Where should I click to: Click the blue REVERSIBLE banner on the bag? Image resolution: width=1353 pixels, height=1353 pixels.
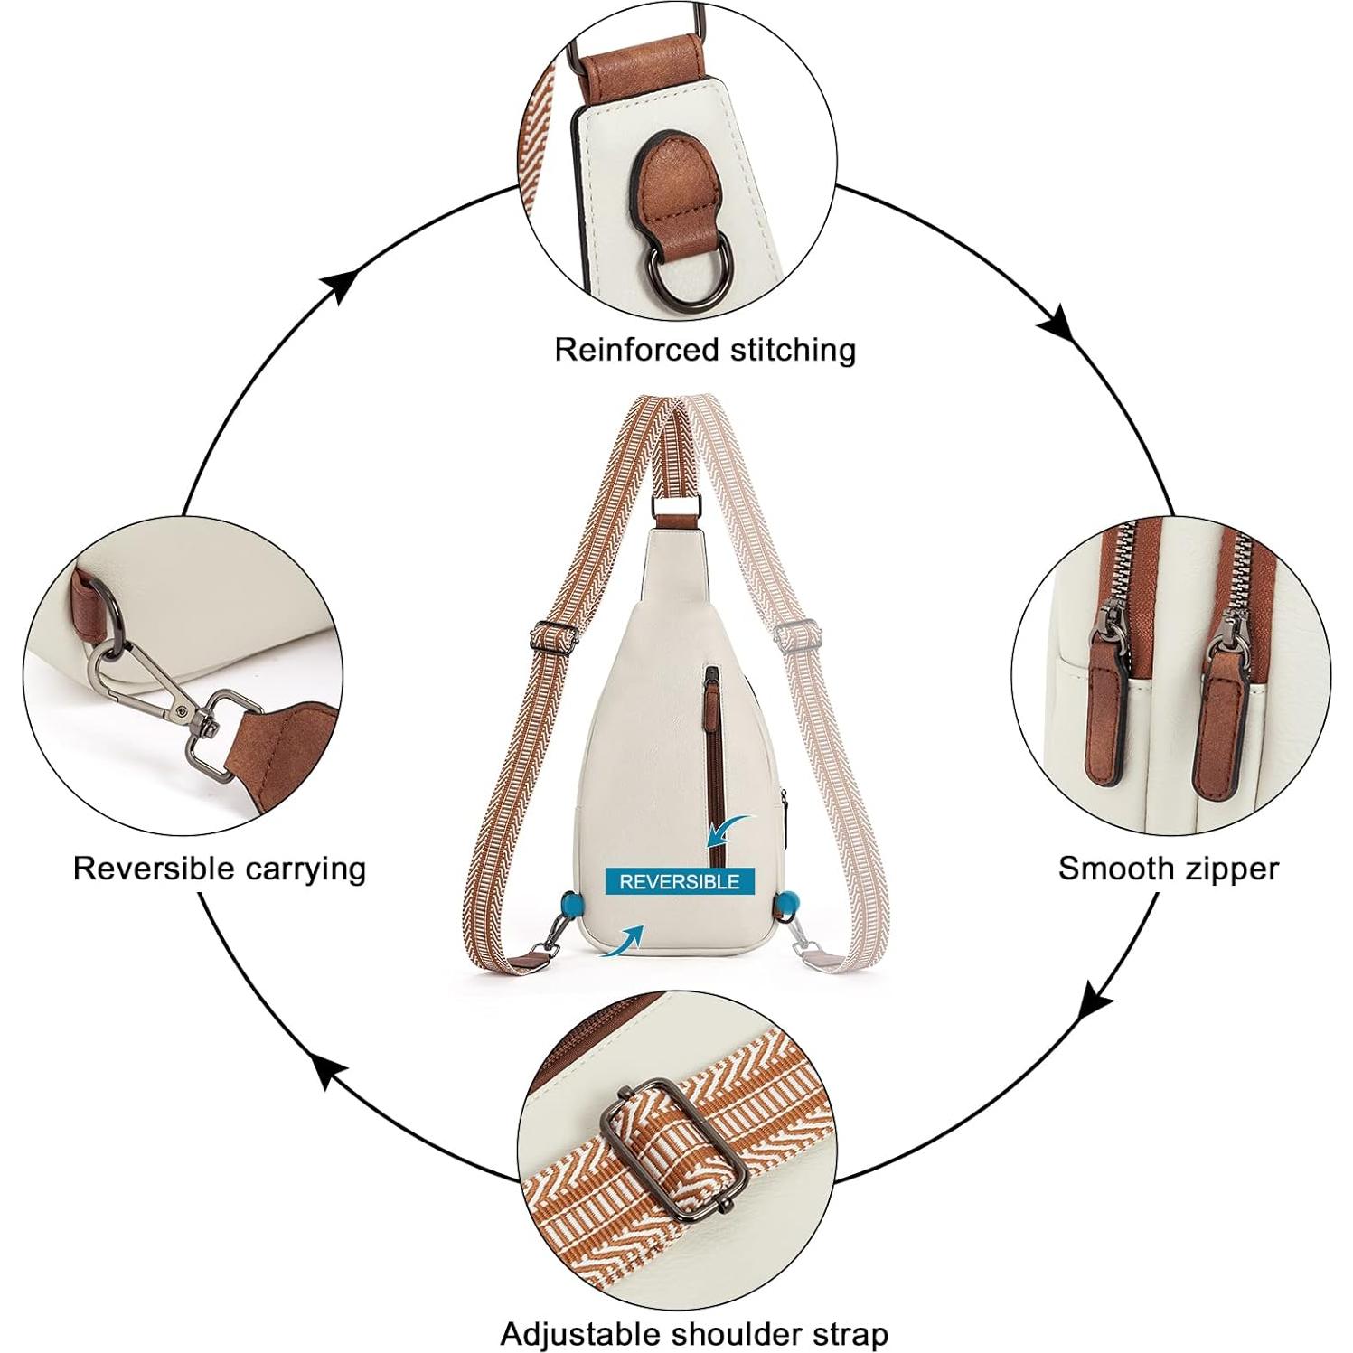click(x=679, y=881)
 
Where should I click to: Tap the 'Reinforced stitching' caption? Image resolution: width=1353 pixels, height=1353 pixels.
click(x=705, y=349)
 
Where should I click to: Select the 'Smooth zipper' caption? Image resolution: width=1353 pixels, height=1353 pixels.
click(x=1168, y=869)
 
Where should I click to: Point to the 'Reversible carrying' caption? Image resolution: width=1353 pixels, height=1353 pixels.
click(x=220, y=868)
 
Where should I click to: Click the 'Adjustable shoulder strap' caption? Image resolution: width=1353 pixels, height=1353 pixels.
click(x=694, y=1333)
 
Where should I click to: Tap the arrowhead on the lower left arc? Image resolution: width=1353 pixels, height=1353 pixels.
click(x=333, y=1075)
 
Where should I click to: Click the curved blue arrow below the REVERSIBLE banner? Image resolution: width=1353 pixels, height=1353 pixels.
click(x=625, y=941)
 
